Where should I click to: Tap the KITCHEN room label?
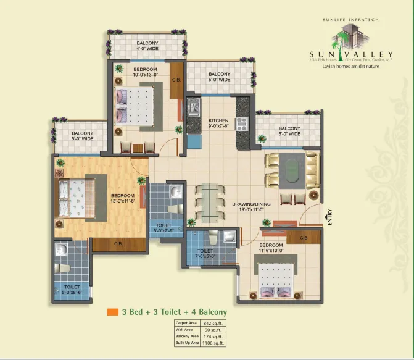218,120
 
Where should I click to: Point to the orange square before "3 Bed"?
112,312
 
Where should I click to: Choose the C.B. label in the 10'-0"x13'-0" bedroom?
176,80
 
